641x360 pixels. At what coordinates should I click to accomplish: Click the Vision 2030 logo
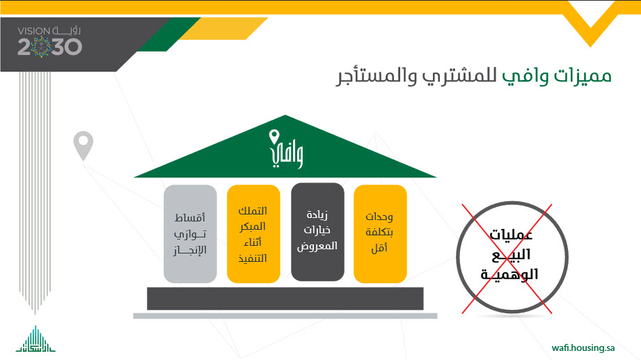(x=49, y=42)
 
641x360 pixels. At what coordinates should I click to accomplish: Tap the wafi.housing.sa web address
(x=583, y=347)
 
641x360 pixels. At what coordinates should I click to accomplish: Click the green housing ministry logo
(x=35, y=339)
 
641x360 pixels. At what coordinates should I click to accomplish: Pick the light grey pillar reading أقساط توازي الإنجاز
(x=190, y=233)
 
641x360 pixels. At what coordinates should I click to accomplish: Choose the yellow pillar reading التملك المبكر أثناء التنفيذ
(x=253, y=233)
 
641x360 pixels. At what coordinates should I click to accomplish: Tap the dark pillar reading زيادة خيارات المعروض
(x=317, y=232)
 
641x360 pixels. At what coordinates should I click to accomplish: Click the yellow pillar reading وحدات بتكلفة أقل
(x=380, y=233)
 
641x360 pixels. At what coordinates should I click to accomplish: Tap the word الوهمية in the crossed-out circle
(x=509, y=273)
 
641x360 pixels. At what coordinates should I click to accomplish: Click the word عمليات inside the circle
(x=511, y=235)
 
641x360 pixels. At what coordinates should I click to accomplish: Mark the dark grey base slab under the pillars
(x=285, y=299)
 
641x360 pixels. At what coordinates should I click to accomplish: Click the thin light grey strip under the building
(x=285, y=316)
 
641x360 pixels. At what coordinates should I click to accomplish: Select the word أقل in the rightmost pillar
(x=379, y=248)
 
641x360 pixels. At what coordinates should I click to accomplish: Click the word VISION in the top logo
(x=33, y=31)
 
